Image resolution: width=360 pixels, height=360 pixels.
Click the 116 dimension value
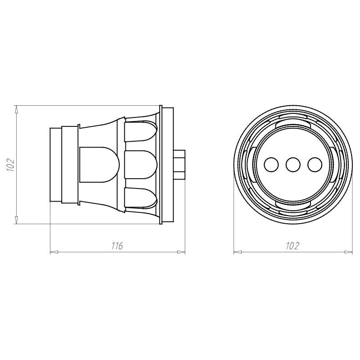117,246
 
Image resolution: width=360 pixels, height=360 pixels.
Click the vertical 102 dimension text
11,165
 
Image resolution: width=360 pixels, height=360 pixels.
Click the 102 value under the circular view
292,246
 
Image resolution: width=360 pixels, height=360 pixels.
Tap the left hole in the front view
271,165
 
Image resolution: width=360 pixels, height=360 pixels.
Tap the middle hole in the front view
293,165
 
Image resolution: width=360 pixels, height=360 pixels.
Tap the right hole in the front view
315,165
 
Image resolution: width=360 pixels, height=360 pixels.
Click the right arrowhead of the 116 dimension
181,252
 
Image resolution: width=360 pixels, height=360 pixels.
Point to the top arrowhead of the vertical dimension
16,109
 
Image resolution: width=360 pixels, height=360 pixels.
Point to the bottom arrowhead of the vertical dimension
16,220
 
